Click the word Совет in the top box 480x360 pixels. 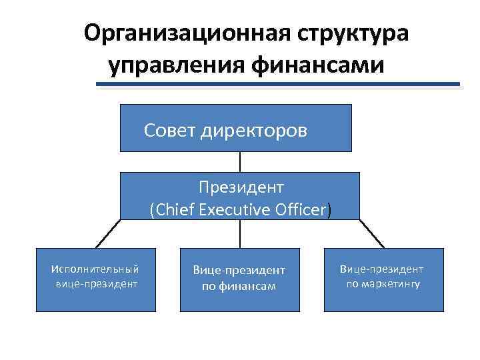click(x=169, y=130)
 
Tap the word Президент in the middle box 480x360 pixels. click(x=240, y=187)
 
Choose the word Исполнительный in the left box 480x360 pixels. click(x=95, y=269)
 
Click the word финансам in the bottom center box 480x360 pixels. click(x=239, y=287)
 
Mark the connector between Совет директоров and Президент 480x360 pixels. click(x=240, y=162)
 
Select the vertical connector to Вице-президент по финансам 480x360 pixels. click(x=240, y=233)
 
